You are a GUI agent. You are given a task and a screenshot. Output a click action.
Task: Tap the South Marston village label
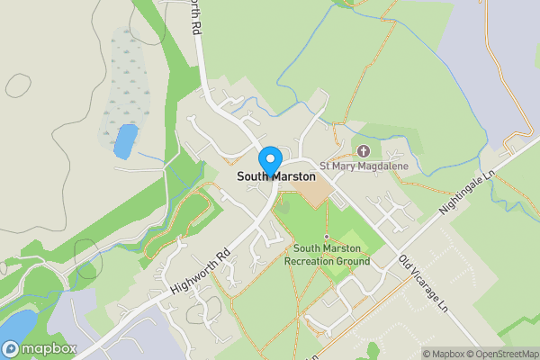click(x=276, y=177)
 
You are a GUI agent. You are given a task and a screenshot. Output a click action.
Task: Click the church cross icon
click(x=364, y=150)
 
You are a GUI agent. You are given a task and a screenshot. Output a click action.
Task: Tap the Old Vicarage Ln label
click(x=423, y=285)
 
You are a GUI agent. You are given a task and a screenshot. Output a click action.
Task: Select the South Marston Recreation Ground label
click(x=327, y=255)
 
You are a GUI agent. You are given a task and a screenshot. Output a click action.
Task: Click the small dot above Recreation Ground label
click(x=327, y=237)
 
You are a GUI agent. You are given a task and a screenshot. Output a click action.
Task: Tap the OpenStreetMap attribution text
click(x=500, y=354)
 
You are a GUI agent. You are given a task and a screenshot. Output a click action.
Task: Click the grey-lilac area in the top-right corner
click(x=504, y=54)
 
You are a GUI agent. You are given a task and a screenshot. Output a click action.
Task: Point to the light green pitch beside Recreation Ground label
click(x=352, y=240)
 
